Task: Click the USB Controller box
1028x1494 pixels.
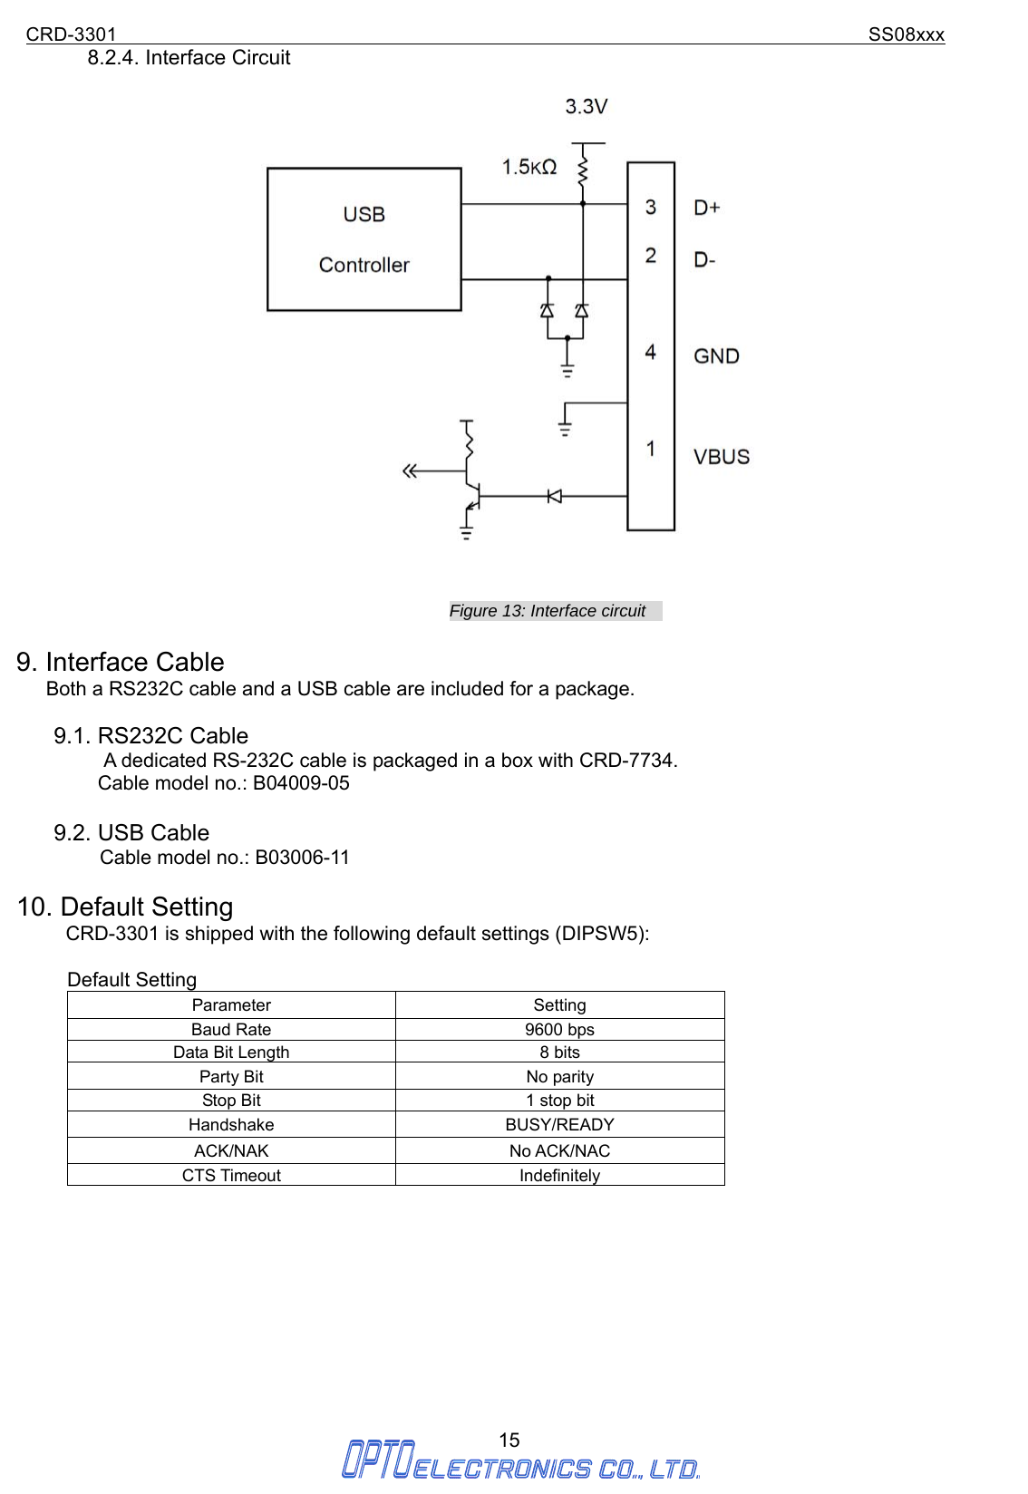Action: click(364, 239)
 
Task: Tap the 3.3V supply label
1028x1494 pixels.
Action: click(586, 107)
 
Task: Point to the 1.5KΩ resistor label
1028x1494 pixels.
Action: click(529, 167)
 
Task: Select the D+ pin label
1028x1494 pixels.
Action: click(707, 208)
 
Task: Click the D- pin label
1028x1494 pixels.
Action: click(704, 260)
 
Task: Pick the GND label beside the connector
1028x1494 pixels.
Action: click(716, 356)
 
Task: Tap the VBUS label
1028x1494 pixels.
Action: click(722, 457)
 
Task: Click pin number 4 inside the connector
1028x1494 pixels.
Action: click(651, 352)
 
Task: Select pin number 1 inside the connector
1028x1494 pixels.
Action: click(651, 449)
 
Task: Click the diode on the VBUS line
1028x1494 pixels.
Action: click(554, 496)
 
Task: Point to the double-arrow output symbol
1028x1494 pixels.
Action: click(411, 471)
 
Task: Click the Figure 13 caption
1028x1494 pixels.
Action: click(548, 611)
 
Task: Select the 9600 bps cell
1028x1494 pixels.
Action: click(559, 1029)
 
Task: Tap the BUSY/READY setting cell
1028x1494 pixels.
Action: click(559, 1124)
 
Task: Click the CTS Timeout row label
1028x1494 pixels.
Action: click(231, 1175)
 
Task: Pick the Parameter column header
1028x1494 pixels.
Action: click(231, 1004)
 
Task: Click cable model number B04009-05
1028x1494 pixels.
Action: click(301, 783)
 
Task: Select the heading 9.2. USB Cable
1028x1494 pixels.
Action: click(131, 832)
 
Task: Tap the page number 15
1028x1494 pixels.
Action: click(509, 1440)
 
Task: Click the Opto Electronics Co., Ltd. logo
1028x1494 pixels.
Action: click(519, 1460)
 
